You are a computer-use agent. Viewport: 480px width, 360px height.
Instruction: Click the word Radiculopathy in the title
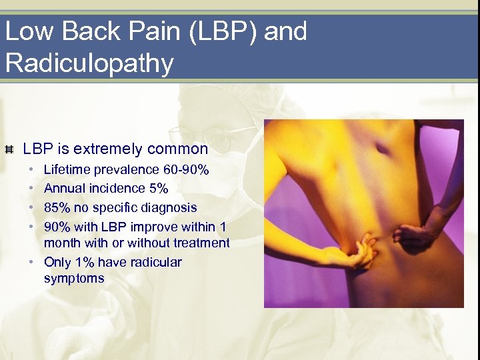point(89,63)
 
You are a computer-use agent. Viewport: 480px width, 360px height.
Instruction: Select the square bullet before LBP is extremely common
point(9,149)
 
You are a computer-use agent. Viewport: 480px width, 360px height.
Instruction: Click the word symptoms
point(74,279)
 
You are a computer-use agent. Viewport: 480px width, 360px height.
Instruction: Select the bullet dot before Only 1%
point(32,262)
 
